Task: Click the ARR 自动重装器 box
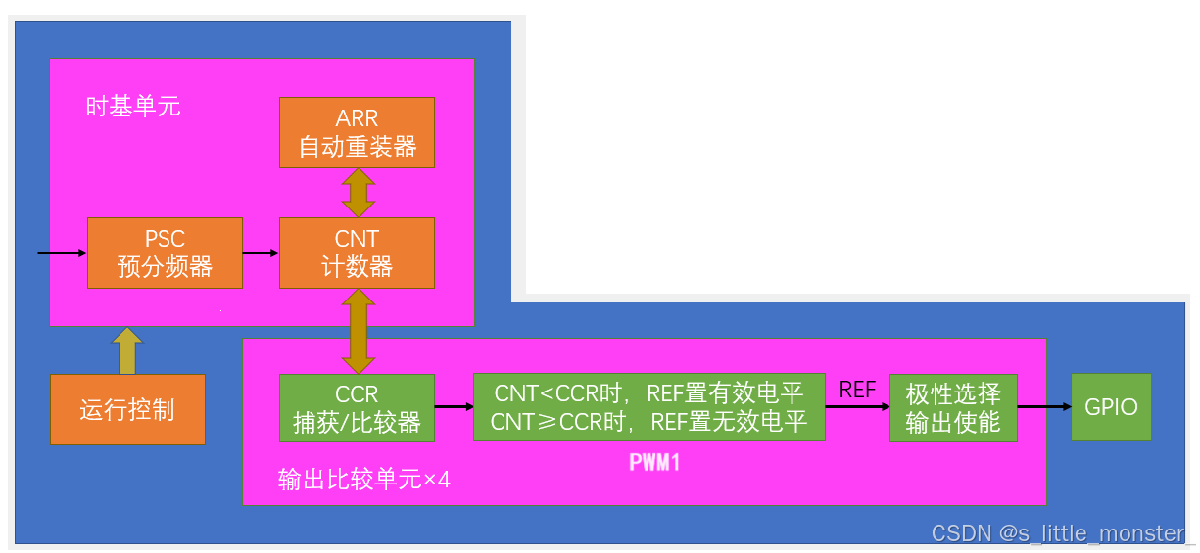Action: click(357, 133)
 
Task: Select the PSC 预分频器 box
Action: click(165, 253)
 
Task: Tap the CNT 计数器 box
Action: click(357, 253)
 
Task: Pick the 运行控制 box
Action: click(127, 409)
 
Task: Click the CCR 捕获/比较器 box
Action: click(357, 408)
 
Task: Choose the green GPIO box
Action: click(1111, 407)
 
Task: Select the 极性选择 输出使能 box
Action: click(953, 408)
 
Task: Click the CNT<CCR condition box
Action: click(649, 407)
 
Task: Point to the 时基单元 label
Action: click(133, 106)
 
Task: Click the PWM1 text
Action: click(654, 462)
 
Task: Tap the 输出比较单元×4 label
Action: click(363, 480)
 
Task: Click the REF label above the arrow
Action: click(857, 390)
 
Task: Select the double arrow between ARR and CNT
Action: click(358, 193)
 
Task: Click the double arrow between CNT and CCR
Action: click(358, 332)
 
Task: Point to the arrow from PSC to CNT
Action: click(261, 253)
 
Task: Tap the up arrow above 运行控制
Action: click(127, 350)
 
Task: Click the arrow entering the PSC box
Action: click(62, 253)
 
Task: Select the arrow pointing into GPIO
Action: click(1044, 407)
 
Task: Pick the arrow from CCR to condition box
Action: click(454, 407)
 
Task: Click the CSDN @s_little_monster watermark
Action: click(1058, 533)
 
